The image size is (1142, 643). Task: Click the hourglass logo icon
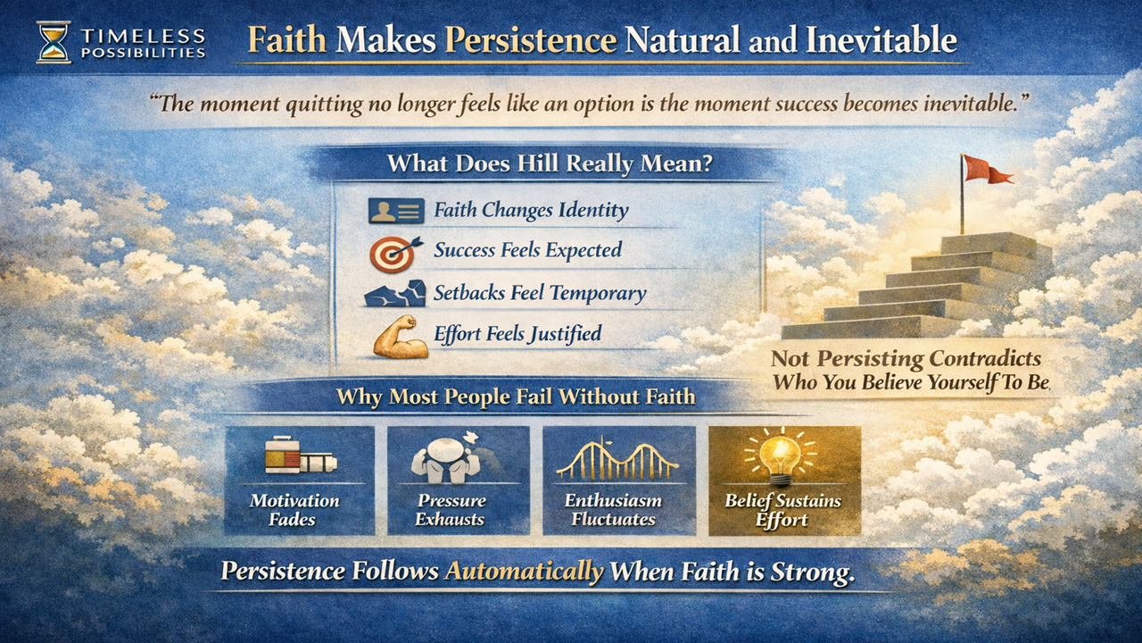point(53,42)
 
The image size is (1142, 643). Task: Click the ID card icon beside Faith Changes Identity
point(395,212)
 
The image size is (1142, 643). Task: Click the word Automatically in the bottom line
point(524,571)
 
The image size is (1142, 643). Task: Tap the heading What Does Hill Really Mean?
point(550,164)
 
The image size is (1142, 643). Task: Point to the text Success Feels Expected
point(527,251)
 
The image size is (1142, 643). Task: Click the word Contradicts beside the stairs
point(985,359)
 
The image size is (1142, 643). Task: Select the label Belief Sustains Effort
point(782,510)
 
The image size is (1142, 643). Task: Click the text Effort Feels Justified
point(517,335)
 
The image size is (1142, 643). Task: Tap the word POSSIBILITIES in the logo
point(143,52)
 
